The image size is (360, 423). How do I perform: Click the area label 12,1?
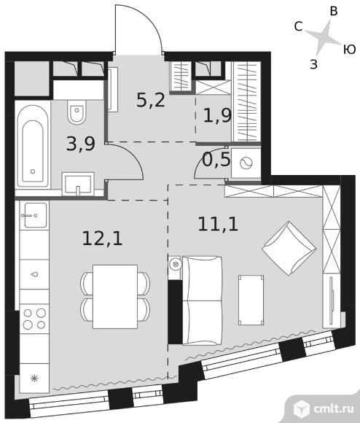[102, 238]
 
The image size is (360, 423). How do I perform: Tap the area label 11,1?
[218, 224]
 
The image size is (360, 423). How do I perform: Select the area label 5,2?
[151, 100]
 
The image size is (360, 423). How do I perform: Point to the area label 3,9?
[81, 144]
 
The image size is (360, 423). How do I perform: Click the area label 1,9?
[217, 115]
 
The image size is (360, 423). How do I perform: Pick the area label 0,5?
[216, 160]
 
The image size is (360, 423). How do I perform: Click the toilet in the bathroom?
[77, 112]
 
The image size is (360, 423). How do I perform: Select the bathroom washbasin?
[78, 184]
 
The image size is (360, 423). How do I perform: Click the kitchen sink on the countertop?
[35, 215]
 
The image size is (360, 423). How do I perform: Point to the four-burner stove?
[34, 319]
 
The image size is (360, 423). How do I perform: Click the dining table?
[115, 297]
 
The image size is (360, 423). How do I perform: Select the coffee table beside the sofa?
[251, 300]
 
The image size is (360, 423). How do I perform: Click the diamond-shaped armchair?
[289, 248]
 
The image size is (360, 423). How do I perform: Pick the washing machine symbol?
[246, 163]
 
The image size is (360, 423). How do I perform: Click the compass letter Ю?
[350, 50]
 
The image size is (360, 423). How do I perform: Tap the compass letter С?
[298, 27]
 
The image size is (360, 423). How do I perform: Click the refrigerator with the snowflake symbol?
[34, 379]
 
